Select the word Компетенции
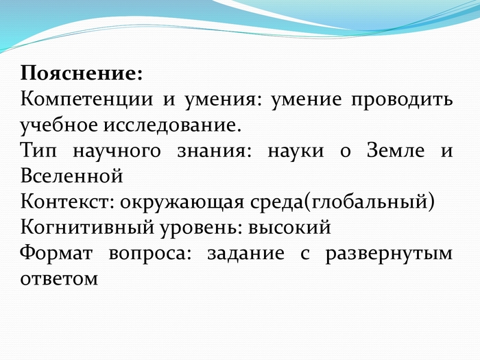pos(86,99)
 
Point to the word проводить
pos(402,100)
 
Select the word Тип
pos(38,151)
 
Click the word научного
pos(117,152)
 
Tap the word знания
pos(214,151)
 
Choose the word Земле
pos(396,150)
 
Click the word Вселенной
pos(71,176)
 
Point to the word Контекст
pos(67,202)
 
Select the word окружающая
pos(182,203)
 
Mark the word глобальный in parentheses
pos(369,203)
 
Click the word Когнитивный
pos(87,228)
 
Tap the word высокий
pos(289,228)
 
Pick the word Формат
pos(56,254)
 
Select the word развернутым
pos(389,254)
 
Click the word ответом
pos(59,279)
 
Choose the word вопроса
pos(150,254)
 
